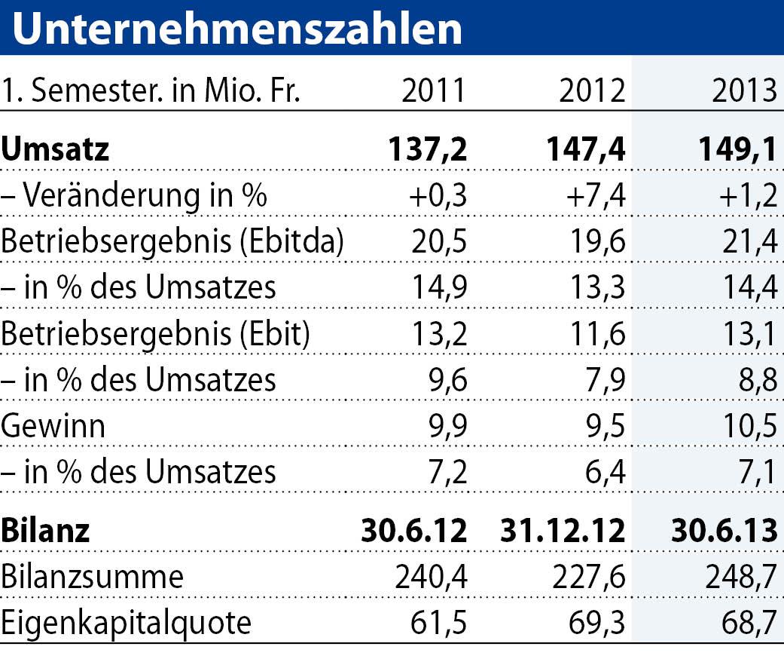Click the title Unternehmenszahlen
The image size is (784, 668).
pyautogui.click(x=236, y=28)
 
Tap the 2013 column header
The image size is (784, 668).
pyautogui.click(x=744, y=91)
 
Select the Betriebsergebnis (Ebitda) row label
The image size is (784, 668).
pyautogui.click(x=173, y=242)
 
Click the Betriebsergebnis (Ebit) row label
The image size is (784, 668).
pyautogui.click(x=156, y=333)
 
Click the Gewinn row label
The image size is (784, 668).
pyautogui.click(x=53, y=426)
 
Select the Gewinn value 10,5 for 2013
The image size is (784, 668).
pyautogui.click(x=748, y=426)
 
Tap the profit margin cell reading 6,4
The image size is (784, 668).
pyautogui.click(x=604, y=473)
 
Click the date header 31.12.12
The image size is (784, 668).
pyautogui.click(x=563, y=530)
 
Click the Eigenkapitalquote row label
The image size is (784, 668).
pyautogui.click(x=126, y=624)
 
